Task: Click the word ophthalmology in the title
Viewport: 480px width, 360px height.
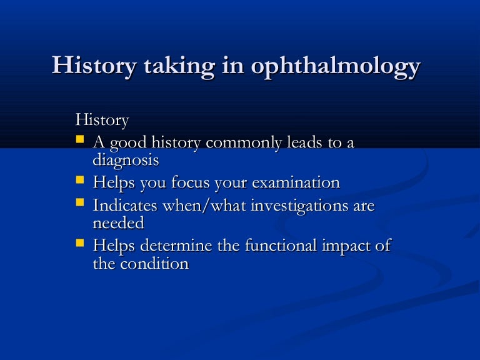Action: tap(335, 67)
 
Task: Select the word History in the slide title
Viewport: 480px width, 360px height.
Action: tap(93, 66)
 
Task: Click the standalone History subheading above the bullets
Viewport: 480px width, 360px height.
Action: tap(102, 119)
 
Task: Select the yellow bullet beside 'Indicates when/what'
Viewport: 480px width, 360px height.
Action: tap(80, 202)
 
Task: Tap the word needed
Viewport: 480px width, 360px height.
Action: tap(118, 223)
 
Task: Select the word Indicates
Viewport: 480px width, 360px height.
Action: tap(124, 206)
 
